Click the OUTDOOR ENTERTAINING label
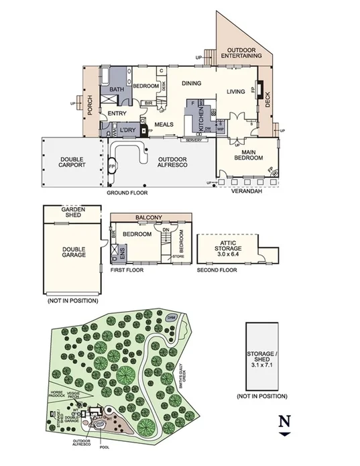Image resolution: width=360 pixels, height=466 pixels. [x=243, y=54]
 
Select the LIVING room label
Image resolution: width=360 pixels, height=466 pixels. [x=235, y=92]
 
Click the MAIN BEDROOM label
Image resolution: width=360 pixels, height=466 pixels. [x=246, y=155]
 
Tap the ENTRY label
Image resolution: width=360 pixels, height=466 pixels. [x=117, y=114]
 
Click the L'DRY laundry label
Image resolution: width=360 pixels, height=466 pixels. [x=128, y=131]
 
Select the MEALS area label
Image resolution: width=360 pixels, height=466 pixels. [x=165, y=125]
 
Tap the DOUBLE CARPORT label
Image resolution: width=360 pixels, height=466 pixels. [x=72, y=163]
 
